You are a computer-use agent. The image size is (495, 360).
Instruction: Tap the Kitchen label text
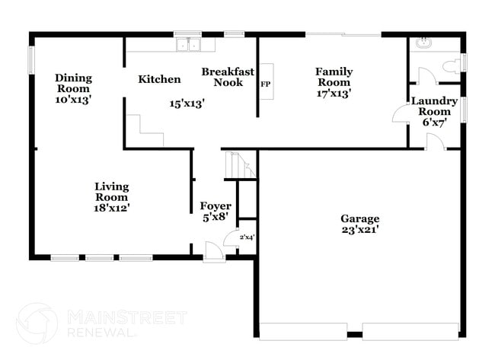159,79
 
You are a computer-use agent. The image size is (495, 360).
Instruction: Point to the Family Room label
334,77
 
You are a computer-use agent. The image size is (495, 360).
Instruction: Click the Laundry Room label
434,106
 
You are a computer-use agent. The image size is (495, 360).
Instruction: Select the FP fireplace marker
266,84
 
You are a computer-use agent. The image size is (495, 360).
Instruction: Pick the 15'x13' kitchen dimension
187,104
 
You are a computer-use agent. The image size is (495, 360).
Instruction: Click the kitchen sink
187,45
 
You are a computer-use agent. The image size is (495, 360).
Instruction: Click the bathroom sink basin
423,43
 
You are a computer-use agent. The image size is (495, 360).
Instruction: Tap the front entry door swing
214,250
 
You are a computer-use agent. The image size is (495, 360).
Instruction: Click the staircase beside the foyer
241,165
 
